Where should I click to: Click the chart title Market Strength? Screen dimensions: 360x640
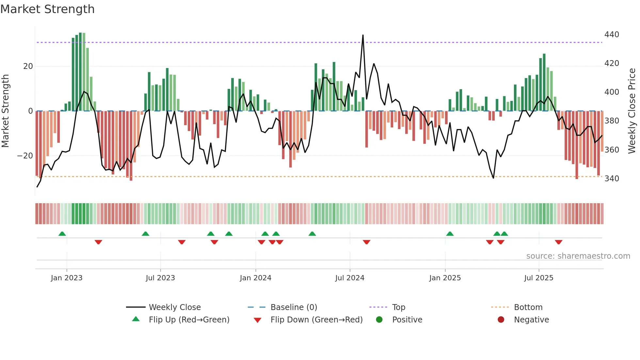pyautogui.click(x=48, y=9)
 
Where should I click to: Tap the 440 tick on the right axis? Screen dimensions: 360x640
pyautogui.click(x=612, y=35)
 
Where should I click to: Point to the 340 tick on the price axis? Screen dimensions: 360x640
pyautogui.click(x=612, y=179)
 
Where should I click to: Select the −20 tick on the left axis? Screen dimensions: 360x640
pyautogui.click(x=25, y=156)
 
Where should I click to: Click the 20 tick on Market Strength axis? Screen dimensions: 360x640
pyautogui.click(x=28, y=66)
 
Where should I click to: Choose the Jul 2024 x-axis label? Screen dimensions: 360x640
pyautogui.click(x=350, y=278)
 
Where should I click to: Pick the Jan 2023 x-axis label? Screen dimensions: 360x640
pyautogui.click(x=67, y=278)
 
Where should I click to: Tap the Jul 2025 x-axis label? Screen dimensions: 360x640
pyautogui.click(x=539, y=278)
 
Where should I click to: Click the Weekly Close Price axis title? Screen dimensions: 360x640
pyautogui.click(x=632, y=111)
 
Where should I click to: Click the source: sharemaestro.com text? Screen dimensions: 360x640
pyautogui.click(x=578, y=256)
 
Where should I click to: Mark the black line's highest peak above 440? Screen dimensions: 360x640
pyautogui.click(x=363, y=35)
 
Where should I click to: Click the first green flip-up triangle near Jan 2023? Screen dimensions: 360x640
pyautogui.click(x=62, y=234)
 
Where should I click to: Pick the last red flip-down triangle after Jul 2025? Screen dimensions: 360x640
pyautogui.click(x=558, y=242)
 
